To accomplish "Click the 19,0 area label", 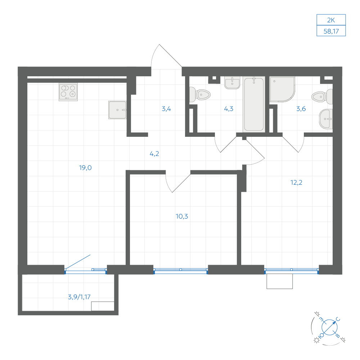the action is (85, 168).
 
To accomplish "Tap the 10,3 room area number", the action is (182, 216).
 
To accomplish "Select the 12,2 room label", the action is (296, 183).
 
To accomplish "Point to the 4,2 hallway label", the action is (154, 154).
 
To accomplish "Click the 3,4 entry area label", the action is (166, 109).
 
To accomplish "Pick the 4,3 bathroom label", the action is (229, 109).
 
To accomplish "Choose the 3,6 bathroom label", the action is (301, 109).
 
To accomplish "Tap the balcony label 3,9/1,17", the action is (79, 297).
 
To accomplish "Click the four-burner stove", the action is (68, 92).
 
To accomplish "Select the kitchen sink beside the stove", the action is (117, 110).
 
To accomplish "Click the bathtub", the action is (254, 105).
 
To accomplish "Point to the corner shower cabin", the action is (282, 89).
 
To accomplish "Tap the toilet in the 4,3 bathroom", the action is (200, 95).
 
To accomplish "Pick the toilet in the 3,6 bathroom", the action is (322, 97).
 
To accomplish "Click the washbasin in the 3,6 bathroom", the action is (326, 119).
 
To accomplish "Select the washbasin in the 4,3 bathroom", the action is (232, 83).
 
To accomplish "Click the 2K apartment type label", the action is (331, 20).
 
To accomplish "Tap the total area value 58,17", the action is (331, 31).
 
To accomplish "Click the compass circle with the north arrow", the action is (329, 327).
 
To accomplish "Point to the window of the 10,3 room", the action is (181, 271).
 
